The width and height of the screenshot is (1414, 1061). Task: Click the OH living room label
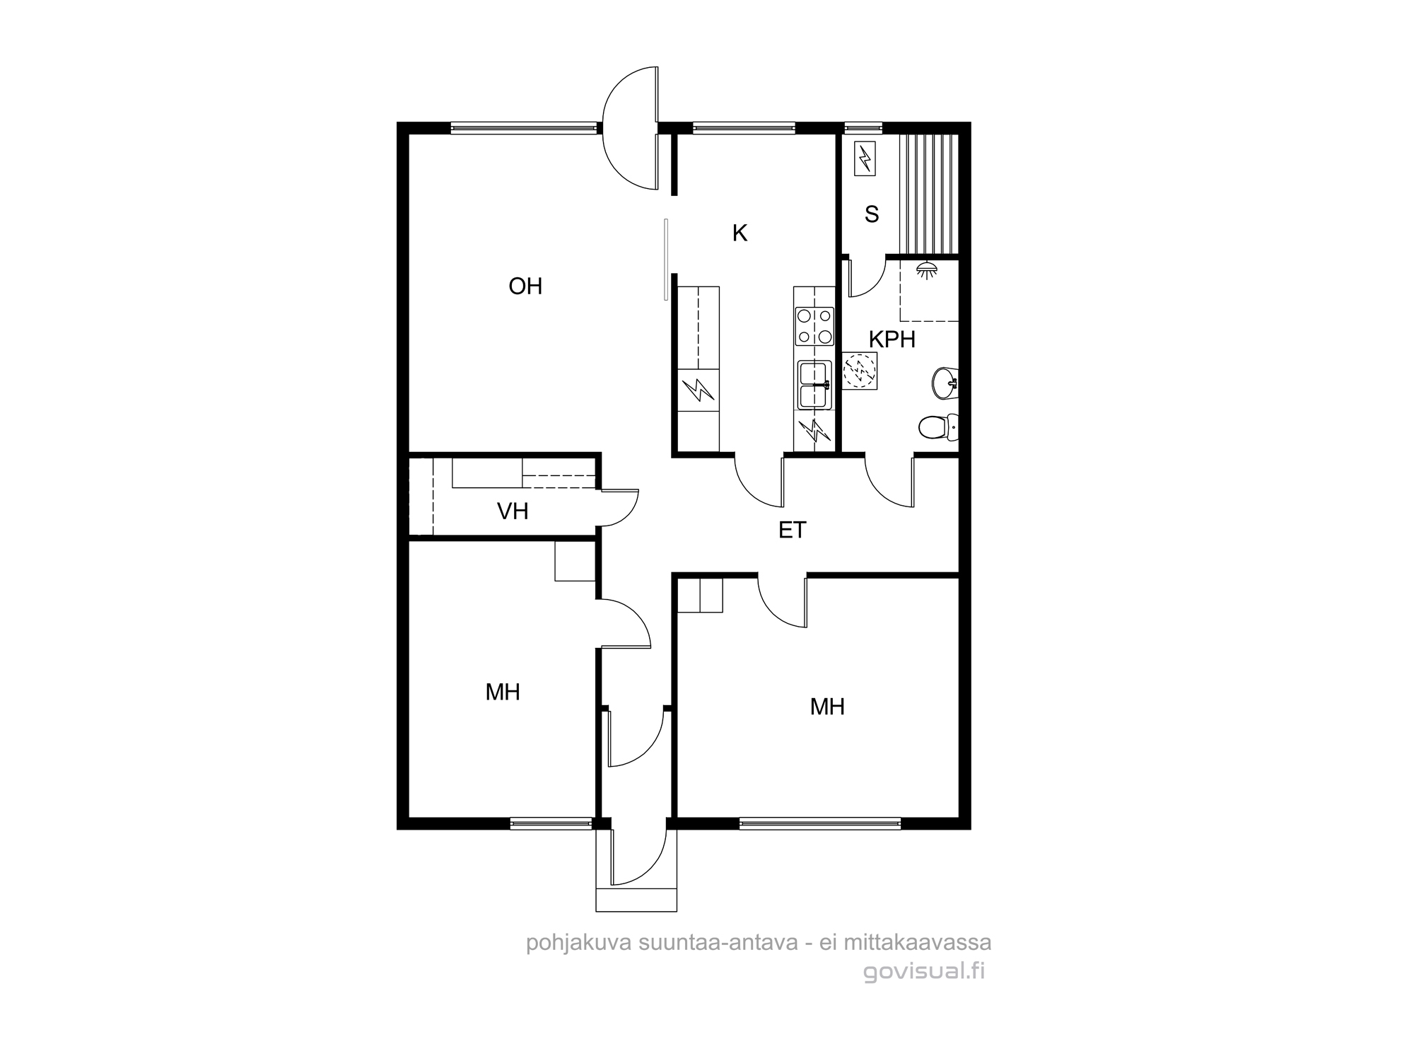click(525, 286)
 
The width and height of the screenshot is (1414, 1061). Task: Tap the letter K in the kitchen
click(740, 233)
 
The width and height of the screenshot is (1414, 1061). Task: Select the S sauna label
click(872, 214)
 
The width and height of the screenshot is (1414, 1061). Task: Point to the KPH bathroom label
click(892, 340)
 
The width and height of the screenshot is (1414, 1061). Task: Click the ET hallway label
click(792, 530)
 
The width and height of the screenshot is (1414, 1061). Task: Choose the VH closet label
click(513, 511)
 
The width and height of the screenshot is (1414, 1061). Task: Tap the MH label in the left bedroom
click(503, 692)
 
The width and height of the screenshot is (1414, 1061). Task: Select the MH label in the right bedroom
click(827, 707)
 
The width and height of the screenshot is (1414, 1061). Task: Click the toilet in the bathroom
click(938, 427)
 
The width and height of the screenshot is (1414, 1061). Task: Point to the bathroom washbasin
click(945, 383)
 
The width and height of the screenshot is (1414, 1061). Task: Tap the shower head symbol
click(927, 269)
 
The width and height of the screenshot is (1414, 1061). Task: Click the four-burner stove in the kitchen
click(814, 326)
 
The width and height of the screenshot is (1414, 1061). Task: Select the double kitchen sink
click(814, 385)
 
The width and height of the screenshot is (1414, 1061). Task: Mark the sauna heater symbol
click(865, 158)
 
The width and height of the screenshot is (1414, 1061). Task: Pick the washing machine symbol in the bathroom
click(860, 371)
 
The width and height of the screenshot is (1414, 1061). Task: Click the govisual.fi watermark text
click(923, 971)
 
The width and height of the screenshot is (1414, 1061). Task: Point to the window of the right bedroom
click(820, 823)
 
